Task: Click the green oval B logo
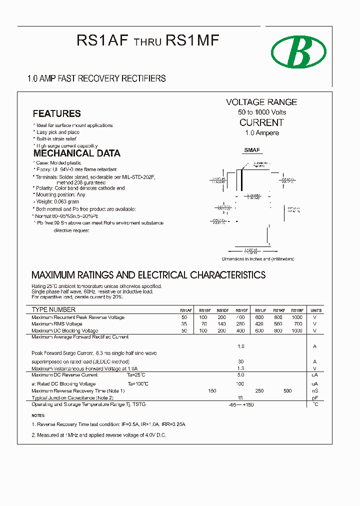point(298,52)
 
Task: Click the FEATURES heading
point(56,113)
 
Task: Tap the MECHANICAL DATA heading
point(76,153)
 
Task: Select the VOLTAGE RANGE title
point(261,102)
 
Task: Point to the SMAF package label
point(252,150)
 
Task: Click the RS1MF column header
point(297,310)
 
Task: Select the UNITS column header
point(316,310)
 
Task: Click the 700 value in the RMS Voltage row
point(297,324)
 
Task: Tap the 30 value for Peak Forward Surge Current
point(240,361)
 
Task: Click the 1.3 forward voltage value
point(240,368)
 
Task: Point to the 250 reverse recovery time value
point(259,391)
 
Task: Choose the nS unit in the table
point(315,391)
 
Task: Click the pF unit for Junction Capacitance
point(315,398)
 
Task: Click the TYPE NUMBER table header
point(53,310)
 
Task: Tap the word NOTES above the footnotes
point(38,415)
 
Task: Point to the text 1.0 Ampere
point(262,133)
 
